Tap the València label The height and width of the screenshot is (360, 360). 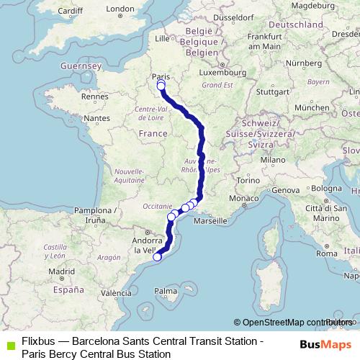click(x=115, y=293)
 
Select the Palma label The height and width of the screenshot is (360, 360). click(x=166, y=291)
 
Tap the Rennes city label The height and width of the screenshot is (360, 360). click(x=94, y=96)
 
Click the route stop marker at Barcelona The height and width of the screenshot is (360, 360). click(x=157, y=257)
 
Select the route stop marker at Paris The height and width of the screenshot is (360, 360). click(x=161, y=86)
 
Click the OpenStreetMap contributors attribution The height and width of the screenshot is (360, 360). click(x=295, y=323)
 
